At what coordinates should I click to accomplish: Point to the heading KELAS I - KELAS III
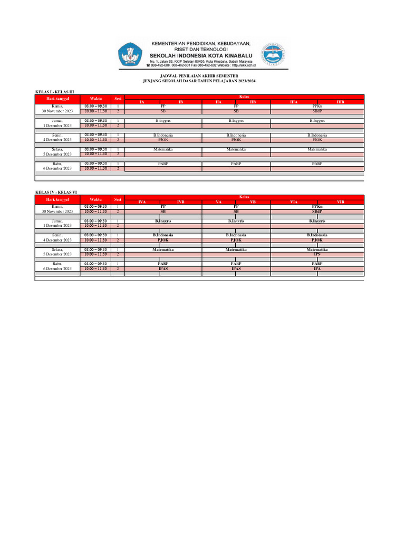(54, 92)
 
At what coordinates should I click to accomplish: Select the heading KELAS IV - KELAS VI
(56, 192)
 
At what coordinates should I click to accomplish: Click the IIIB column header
(340, 101)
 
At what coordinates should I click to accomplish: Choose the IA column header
(141, 101)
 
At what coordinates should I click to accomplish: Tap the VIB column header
(340, 202)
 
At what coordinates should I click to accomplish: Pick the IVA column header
(141, 202)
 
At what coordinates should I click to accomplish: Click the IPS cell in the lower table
(317, 254)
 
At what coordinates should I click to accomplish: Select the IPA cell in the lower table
(317, 268)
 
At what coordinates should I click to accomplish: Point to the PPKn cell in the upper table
(317, 106)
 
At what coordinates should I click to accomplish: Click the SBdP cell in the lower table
(317, 211)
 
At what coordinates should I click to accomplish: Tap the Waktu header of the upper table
(95, 99)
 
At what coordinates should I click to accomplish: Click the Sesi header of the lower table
(118, 199)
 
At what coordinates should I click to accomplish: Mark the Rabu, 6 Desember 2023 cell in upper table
(57, 166)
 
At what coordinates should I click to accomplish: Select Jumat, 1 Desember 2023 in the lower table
(57, 223)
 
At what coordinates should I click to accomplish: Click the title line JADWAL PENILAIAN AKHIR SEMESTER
(202, 76)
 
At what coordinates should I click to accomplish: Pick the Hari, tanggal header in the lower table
(57, 199)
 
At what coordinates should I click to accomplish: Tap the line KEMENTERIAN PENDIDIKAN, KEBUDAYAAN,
(201, 43)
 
